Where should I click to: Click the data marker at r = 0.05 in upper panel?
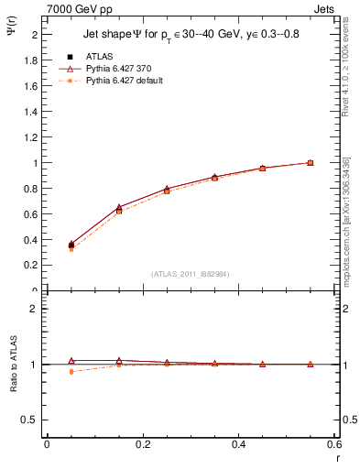[x=71, y=245]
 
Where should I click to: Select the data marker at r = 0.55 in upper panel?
[x=311, y=163]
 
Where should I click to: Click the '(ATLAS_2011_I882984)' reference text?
[x=191, y=274]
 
